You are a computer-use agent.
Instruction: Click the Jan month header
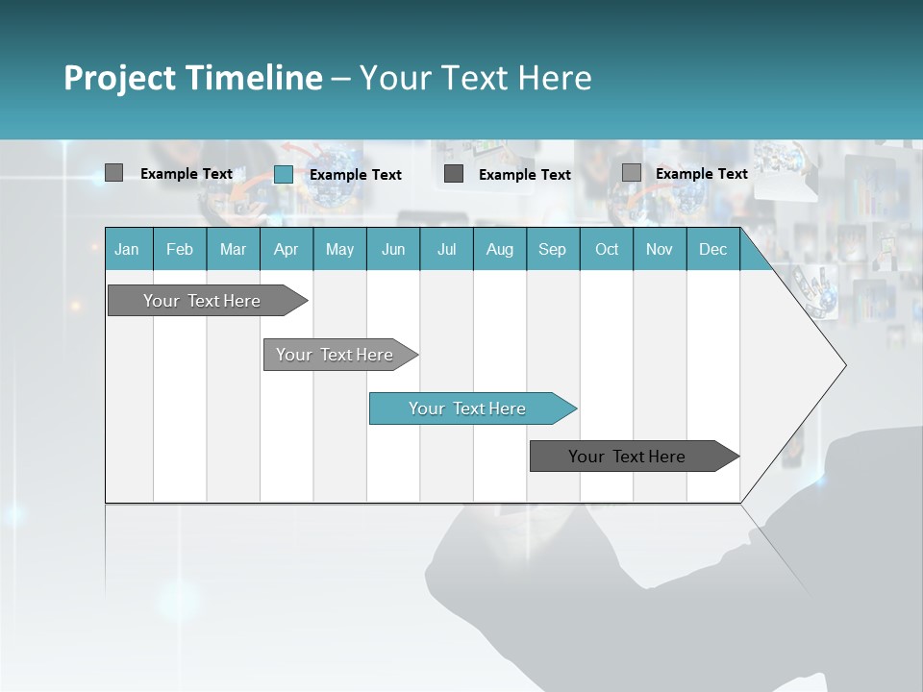[128, 250]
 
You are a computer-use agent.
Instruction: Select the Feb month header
[180, 250]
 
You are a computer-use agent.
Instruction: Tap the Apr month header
[287, 250]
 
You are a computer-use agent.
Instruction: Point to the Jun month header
[393, 250]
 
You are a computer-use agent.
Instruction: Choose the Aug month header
[500, 250]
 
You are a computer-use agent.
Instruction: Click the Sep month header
[553, 250]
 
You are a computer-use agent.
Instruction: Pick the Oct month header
[607, 250]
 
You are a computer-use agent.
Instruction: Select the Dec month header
[713, 250]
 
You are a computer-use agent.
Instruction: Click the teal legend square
[284, 174]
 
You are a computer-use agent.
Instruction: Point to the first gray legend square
[113, 173]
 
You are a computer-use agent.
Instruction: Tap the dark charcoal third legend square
[454, 174]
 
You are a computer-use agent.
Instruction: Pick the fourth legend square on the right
[632, 173]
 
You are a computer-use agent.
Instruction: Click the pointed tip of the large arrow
[843, 365]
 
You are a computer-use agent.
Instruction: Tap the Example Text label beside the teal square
[356, 175]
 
